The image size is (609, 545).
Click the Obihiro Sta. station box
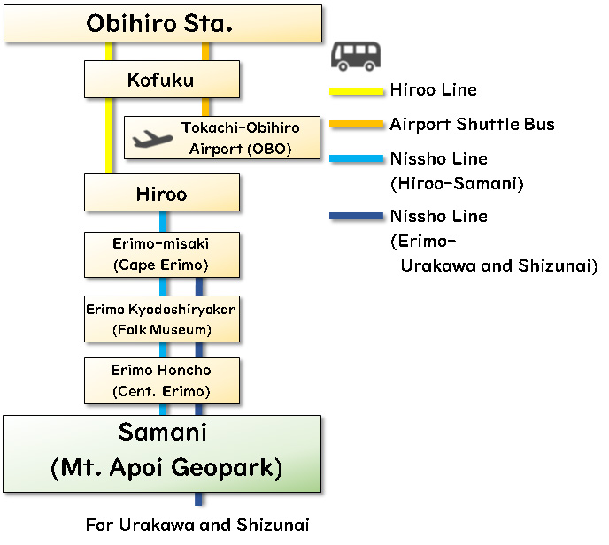[162, 24]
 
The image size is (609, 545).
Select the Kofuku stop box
[161, 80]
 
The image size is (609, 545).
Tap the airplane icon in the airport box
[151, 139]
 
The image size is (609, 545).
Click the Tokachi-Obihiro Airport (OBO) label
[240, 138]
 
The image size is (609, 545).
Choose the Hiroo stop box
[161, 193]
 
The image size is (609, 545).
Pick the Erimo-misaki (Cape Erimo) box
[161, 253]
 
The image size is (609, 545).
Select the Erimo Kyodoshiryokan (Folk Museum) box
[161, 319]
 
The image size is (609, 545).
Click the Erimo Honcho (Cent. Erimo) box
[161, 380]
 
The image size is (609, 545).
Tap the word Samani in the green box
[162, 434]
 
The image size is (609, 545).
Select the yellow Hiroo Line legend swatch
[358, 90]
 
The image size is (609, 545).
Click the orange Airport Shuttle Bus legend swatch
[358, 125]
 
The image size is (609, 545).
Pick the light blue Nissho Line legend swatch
[358, 159]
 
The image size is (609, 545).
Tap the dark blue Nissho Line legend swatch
[358, 217]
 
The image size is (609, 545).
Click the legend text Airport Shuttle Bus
[472, 125]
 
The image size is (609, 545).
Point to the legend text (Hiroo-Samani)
[457, 184]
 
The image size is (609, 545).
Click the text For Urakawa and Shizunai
[197, 525]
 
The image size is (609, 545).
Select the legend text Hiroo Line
[433, 90]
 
